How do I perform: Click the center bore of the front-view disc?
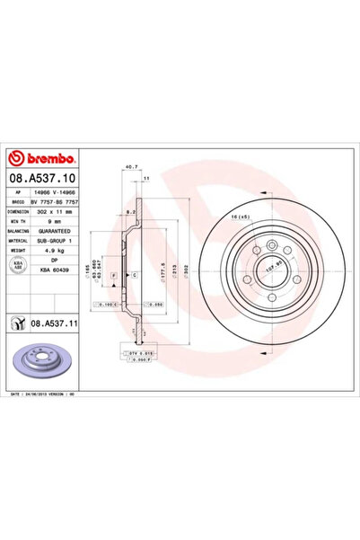point(269,268)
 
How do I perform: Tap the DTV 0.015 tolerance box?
point(132,356)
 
